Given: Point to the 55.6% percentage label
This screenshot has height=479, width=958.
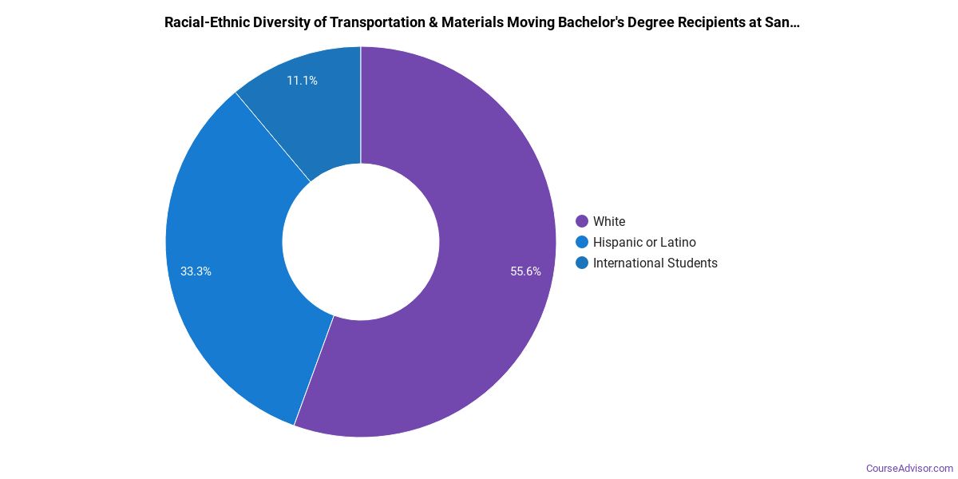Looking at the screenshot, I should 525,271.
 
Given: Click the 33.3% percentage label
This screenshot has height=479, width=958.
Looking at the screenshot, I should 196,271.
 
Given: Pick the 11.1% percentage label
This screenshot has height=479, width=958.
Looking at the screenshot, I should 302,81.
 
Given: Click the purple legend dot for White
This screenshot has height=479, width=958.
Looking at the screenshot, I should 582,221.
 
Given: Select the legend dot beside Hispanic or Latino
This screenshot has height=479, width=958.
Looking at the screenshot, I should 582,242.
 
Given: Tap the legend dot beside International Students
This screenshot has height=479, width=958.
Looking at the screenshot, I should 582,263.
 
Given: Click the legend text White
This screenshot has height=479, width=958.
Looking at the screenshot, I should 609,221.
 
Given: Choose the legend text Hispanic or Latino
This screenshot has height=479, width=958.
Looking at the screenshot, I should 644,242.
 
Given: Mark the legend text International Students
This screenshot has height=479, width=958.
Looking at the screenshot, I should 655,263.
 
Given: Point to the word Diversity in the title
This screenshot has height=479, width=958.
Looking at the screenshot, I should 281,22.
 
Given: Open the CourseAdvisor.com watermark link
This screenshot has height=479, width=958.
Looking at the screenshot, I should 909,468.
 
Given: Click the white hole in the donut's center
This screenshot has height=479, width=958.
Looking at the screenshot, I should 361,242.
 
